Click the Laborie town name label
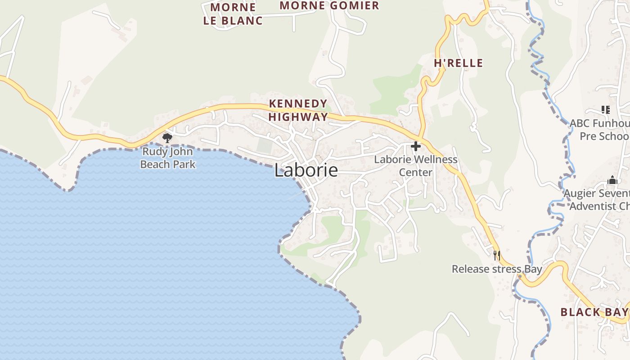(x=306, y=171)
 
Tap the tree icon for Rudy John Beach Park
(x=167, y=138)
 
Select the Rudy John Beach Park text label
(x=167, y=158)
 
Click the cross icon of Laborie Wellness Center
(x=415, y=146)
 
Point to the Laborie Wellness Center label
(x=415, y=166)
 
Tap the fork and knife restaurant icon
(x=497, y=256)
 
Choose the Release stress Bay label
(x=497, y=269)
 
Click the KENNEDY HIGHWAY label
(x=298, y=110)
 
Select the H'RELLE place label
(x=458, y=63)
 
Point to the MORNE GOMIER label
(x=329, y=6)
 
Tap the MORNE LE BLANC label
(x=233, y=14)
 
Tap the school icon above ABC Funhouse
(x=605, y=109)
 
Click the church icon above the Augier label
(x=612, y=180)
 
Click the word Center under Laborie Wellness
(x=415, y=172)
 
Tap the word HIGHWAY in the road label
(x=298, y=117)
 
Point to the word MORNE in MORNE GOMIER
(x=300, y=6)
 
